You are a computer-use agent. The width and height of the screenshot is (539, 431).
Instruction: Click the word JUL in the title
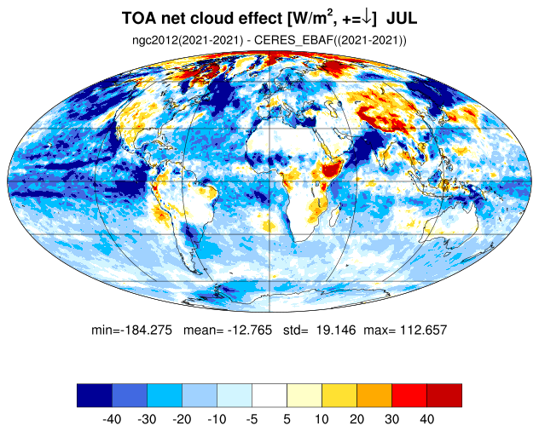click(x=402, y=18)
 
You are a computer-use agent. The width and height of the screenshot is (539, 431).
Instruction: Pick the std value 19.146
click(x=336, y=330)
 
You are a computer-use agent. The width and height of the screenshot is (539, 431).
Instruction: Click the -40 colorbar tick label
click(x=112, y=419)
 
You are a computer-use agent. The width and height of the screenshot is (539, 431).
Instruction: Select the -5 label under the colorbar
click(x=252, y=419)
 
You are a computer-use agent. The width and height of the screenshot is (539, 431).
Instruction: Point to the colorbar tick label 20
click(x=356, y=419)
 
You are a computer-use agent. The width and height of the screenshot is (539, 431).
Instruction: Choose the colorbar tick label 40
click(x=427, y=419)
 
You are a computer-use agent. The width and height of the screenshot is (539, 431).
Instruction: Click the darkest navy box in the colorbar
click(x=95, y=395)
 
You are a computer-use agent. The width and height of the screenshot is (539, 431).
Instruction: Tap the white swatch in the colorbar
click(x=269, y=395)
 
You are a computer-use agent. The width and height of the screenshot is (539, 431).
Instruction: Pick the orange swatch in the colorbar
click(x=374, y=395)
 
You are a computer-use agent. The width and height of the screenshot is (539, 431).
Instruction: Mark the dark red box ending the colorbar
click(x=444, y=395)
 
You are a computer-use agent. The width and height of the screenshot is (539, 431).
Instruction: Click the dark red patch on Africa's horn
click(x=329, y=170)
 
